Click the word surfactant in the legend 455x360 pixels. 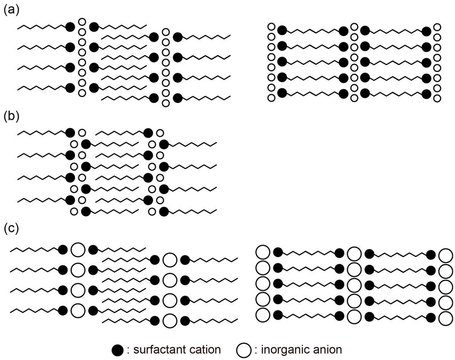(x=152, y=350)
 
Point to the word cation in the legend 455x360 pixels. (x=202, y=350)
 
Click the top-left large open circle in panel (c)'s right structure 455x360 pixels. (x=263, y=253)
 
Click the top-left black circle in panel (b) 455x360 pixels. (x=70, y=133)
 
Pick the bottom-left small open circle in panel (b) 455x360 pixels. (x=74, y=211)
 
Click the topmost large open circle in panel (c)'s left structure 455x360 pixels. (x=78, y=249)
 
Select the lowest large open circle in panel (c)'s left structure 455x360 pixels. (x=169, y=320)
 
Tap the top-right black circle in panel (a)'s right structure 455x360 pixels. (x=427, y=31)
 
